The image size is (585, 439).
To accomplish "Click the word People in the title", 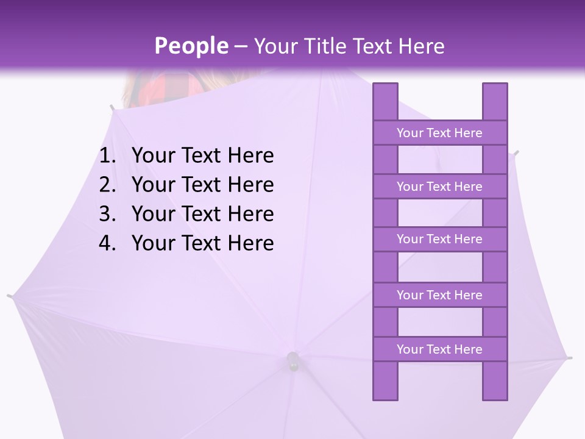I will point(191,46).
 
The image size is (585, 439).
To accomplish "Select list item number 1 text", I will point(202,156).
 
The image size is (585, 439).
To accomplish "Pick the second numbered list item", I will point(202,185).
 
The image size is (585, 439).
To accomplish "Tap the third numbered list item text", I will point(202,214).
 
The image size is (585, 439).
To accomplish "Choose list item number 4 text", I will point(202,243).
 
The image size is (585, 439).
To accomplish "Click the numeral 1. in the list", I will point(107,156).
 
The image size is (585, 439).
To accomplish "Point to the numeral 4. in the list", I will point(107,243).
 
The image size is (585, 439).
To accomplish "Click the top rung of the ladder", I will point(439,133).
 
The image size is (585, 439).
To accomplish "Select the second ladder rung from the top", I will point(439,187).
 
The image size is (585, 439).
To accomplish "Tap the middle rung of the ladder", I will point(439,239).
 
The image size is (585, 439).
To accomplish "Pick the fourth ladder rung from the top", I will point(439,295).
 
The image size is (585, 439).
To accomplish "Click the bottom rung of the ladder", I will point(439,349).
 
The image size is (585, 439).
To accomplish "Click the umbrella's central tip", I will point(293,361).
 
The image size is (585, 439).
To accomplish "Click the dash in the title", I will point(240,46).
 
